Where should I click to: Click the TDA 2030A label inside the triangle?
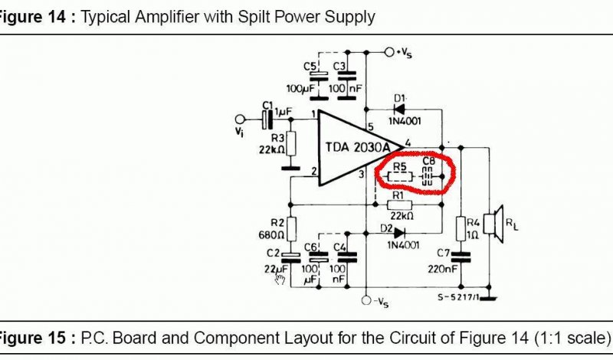(x=358, y=147)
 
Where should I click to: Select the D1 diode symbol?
(x=399, y=109)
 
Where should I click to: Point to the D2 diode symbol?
(x=398, y=234)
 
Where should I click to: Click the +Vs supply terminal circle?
(x=389, y=52)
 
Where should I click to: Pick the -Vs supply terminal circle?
(x=366, y=300)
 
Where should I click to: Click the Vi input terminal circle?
(x=240, y=119)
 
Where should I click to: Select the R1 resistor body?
(x=399, y=205)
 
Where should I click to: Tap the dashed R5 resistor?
(x=399, y=177)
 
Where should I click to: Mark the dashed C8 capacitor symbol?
(x=427, y=177)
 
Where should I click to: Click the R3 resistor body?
(x=290, y=144)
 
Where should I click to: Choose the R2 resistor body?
(x=290, y=229)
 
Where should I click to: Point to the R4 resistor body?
(x=461, y=229)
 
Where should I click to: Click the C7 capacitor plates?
(x=461, y=257)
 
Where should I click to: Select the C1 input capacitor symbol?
(x=267, y=119)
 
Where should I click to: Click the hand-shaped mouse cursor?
(x=280, y=279)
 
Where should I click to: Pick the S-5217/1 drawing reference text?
(x=458, y=297)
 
